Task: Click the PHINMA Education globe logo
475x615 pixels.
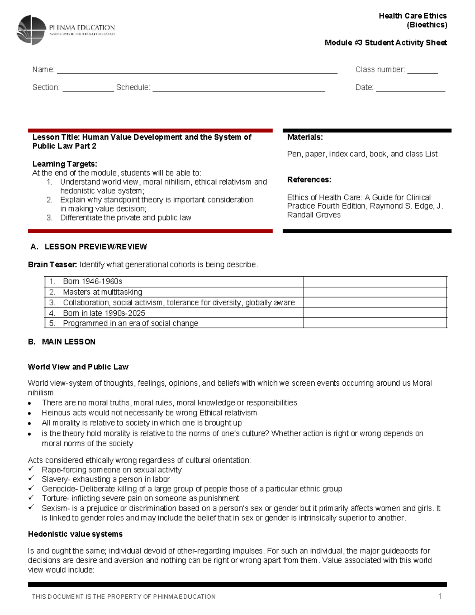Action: coord(31,30)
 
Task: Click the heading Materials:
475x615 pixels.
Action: coord(305,137)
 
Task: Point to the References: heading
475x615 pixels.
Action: coord(309,180)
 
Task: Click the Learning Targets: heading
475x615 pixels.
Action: coord(65,164)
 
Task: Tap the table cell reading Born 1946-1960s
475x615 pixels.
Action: coord(92,282)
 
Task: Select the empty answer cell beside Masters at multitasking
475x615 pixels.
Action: coord(374,292)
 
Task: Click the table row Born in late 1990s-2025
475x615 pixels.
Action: coord(104,313)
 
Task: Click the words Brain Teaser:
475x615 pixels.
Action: coord(52,265)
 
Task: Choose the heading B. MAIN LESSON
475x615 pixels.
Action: coord(62,342)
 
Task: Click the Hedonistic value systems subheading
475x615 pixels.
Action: coord(75,534)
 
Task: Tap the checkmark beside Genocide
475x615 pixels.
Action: coord(31,488)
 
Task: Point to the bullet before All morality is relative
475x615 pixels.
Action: coord(30,423)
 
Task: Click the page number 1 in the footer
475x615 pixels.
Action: coord(440,596)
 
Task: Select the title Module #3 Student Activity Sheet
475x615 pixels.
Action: coord(386,43)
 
